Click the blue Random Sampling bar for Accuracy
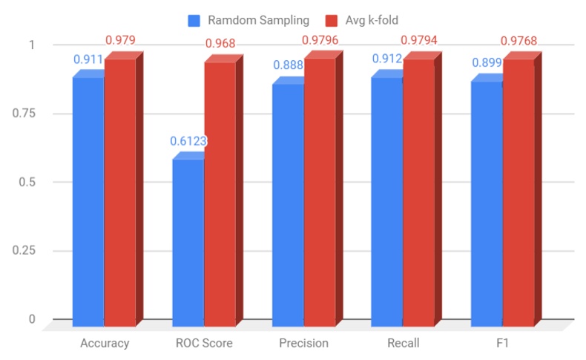[x=88, y=200]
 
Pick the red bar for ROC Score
[x=220, y=193]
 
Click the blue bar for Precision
[x=288, y=205]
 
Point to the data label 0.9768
[x=519, y=40]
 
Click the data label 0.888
[x=288, y=65]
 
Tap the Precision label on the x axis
[x=304, y=343]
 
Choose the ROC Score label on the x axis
[x=205, y=343]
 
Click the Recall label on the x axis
[x=404, y=343]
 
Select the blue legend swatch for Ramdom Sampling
[x=194, y=20]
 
